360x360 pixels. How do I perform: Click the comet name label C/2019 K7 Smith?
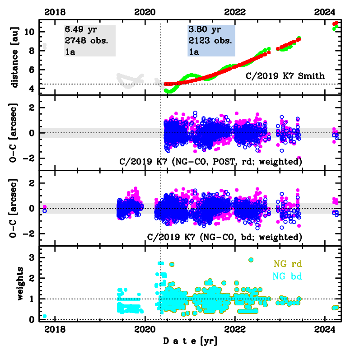click(285, 76)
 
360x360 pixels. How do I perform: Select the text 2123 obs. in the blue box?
click(210, 41)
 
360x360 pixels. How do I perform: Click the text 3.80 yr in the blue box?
click(204, 30)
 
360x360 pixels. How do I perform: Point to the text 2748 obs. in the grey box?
click(86, 41)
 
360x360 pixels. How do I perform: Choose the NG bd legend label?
click(288, 276)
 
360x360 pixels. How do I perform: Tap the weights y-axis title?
click(20, 284)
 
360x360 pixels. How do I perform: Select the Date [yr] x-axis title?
click(190, 341)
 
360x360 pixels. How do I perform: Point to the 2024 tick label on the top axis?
click(325, 11)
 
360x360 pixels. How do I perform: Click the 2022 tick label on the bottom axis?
click(235, 330)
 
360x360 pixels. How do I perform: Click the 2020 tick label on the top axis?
click(145, 11)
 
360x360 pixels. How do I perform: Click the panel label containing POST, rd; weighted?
click(210, 161)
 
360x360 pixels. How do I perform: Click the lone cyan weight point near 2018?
click(44, 316)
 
